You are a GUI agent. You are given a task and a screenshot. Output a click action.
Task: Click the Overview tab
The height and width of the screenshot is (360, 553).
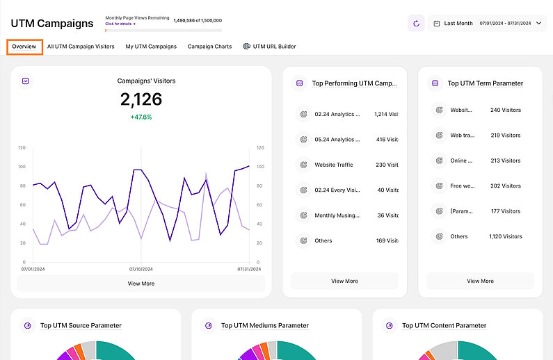coord(24,47)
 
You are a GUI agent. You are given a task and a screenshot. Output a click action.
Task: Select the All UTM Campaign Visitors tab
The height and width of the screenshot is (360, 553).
coord(81,47)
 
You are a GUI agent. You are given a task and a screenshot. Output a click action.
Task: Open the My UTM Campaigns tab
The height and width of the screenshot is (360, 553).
coord(151,47)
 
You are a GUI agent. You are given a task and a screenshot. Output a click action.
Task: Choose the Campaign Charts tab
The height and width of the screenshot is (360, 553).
coord(209,47)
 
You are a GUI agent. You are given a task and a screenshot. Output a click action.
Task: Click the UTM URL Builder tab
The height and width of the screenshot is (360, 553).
coord(269,47)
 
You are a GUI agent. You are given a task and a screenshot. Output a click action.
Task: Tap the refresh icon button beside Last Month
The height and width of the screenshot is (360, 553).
coord(416,23)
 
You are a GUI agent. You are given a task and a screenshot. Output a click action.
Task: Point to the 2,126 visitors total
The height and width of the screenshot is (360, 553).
coord(141,100)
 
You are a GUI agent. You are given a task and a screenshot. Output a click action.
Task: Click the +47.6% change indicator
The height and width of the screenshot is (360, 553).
coord(141,117)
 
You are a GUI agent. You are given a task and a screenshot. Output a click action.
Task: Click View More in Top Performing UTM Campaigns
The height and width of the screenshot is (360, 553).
coord(344,281)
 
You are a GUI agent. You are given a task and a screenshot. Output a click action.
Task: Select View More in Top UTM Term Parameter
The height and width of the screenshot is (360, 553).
coord(480,281)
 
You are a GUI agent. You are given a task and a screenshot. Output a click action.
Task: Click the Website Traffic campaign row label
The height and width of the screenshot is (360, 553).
coord(334,165)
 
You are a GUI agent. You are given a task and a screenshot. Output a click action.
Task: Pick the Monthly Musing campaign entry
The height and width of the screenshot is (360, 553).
coord(337,215)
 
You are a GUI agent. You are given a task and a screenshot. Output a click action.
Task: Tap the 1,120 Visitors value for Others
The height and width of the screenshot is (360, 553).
coord(506,236)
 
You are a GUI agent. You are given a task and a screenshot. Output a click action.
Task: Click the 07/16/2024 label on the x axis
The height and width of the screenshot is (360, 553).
coord(141,268)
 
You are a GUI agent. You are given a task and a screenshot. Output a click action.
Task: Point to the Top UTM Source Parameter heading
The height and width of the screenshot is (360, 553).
coord(81,325)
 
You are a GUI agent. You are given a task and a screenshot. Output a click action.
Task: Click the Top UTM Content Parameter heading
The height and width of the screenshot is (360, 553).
coord(444,325)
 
